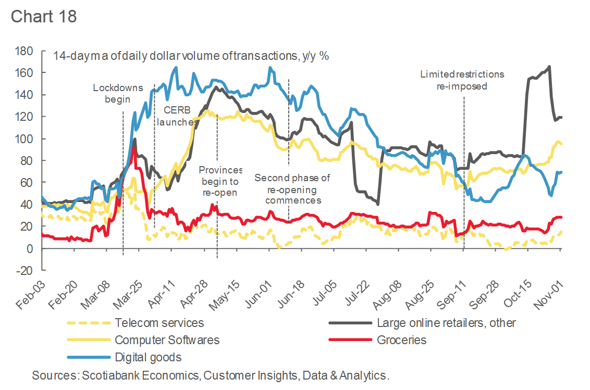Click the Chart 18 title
click(x=44, y=16)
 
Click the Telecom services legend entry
click(x=159, y=323)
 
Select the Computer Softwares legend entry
click(x=167, y=341)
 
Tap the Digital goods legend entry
click(x=148, y=357)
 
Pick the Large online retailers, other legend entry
click(x=446, y=323)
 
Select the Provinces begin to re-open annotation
click(x=221, y=181)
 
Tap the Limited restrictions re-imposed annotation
click(x=462, y=80)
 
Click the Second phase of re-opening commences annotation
click(x=292, y=189)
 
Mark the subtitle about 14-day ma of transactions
click(x=191, y=56)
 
